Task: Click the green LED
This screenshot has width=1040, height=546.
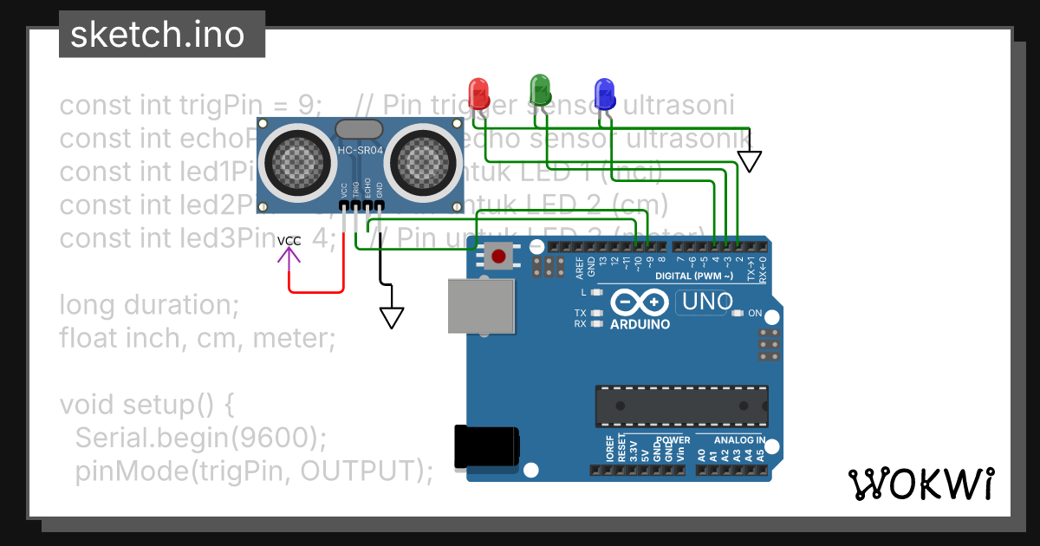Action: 540,88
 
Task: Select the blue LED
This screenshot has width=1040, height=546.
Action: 604,92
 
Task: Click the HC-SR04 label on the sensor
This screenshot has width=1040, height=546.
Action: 357,153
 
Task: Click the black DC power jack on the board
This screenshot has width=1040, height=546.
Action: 487,447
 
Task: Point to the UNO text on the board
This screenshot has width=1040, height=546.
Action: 707,302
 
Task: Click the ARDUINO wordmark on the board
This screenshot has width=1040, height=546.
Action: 640,324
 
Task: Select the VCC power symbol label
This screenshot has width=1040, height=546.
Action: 289,240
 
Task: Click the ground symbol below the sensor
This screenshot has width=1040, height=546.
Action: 392,317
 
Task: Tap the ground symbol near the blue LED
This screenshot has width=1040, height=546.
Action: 749,160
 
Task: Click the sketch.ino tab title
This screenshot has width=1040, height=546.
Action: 162,35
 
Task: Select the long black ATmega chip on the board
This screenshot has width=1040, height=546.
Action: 681,406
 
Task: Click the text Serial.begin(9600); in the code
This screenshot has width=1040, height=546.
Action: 201,438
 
